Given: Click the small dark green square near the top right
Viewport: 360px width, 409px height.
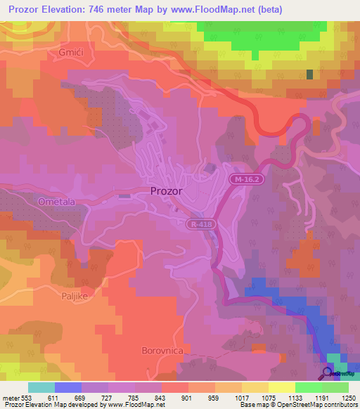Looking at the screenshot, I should pos(309,74).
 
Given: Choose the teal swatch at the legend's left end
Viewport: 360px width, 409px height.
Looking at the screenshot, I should pos(41,387).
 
